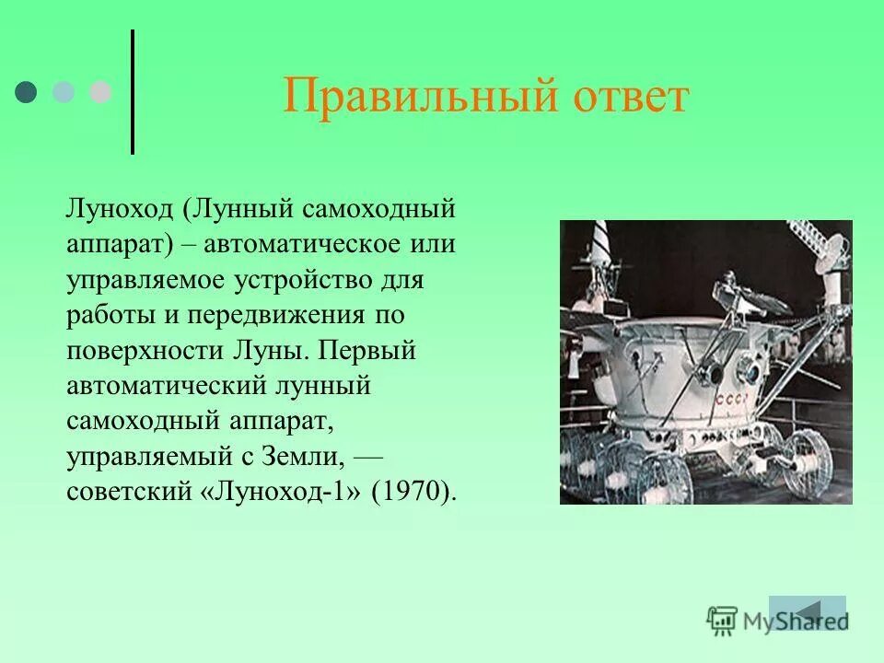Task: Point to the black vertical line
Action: pos(134,92)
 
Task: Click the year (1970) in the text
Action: pos(413,491)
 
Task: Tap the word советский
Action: pos(128,491)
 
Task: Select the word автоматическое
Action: pos(309,244)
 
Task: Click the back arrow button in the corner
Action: pos(808,612)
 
